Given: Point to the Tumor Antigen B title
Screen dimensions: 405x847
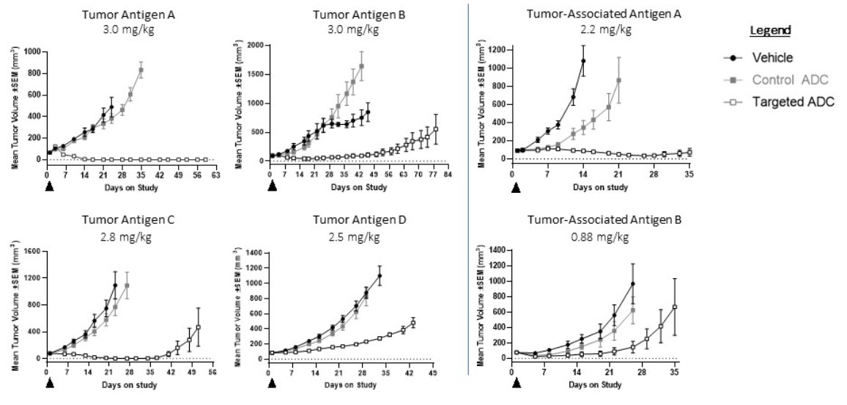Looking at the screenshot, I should point(349,14).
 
